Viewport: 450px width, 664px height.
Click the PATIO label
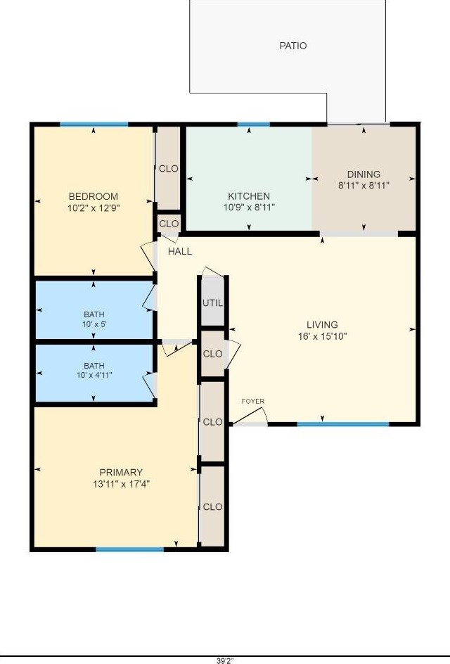(293, 46)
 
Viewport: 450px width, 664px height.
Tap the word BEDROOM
(93, 196)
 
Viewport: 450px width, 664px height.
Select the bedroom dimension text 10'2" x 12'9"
(93, 208)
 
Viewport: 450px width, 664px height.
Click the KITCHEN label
(248, 196)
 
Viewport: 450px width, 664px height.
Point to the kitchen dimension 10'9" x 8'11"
(248, 207)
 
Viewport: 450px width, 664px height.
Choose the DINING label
(364, 174)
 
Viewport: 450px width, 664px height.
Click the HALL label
(179, 251)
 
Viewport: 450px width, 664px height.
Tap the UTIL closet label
(212, 303)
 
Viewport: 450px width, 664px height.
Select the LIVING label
(322, 324)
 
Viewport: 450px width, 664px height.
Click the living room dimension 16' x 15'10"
(322, 336)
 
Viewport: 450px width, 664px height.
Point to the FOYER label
(253, 402)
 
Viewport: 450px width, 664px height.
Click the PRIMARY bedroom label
(121, 472)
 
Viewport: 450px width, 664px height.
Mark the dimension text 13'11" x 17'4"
(121, 484)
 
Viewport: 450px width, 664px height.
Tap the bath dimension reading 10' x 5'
(94, 325)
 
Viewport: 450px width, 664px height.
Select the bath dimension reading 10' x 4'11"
(94, 375)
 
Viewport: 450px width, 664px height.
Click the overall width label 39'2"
(225, 660)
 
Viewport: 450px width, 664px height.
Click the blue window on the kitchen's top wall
(253, 124)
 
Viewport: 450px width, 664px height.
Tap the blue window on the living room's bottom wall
(342, 424)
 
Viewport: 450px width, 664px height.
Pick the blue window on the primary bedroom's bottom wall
(129, 549)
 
